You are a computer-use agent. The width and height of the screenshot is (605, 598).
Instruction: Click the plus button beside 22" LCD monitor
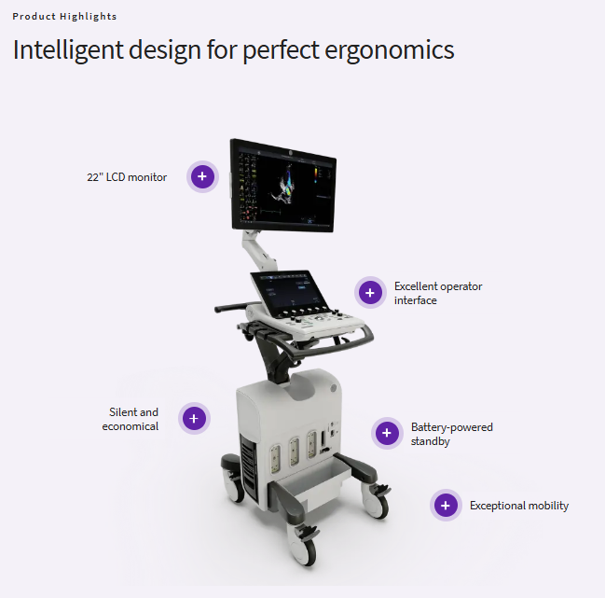click(x=202, y=176)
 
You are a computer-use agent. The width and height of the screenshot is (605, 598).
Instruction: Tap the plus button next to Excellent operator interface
click(x=370, y=293)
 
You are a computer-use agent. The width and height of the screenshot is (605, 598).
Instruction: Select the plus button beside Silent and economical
click(x=194, y=419)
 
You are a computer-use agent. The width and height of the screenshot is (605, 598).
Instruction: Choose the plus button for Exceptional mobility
click(x=446, y=506)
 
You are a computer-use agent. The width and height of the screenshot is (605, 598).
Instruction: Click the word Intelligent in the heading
click(x=68, y=50)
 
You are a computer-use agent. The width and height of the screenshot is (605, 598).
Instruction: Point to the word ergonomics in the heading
click(x=390, y=50)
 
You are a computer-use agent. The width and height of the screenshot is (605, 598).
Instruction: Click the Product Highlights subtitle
click(x=64, y=17)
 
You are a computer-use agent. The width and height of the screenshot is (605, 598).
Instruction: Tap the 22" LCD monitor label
click(x=127, y=177)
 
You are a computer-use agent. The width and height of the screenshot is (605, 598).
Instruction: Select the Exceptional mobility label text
click(x=519, y=506)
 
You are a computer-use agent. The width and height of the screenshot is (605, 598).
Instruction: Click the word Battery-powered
click(x=452, y=427)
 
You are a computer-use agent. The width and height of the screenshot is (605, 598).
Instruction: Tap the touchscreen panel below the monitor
click(x=288, y=289)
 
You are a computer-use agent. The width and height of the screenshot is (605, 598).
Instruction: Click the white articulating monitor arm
click(x=258, y=251)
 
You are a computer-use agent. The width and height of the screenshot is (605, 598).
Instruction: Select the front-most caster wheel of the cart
click(x=304, y=549)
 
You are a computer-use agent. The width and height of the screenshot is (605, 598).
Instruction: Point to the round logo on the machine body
click(x=334, y=388)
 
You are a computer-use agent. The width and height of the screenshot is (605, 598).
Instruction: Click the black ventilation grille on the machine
click(x=249, y=468)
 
